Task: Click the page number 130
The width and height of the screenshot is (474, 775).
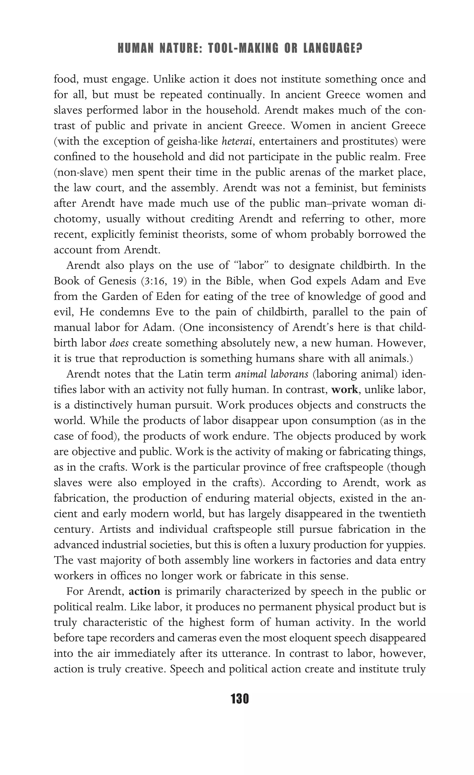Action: coord(240,699)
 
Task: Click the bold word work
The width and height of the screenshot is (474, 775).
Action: coord(344,390)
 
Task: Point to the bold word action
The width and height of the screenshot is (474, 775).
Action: coord(145,591)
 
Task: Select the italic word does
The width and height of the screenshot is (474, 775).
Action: coord(119,343)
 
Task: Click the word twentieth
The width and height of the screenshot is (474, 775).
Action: coord(402,514)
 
